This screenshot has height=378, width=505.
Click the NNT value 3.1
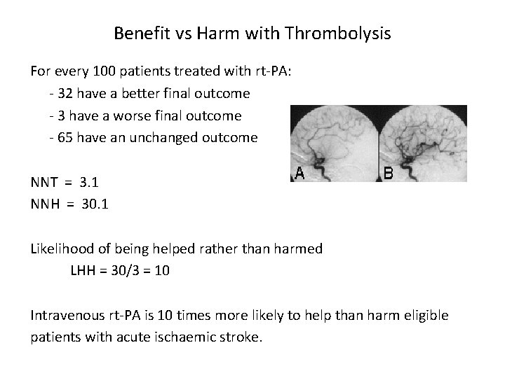pyautogui.click(x=89, y=183)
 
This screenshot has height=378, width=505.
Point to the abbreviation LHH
pyautogui.click(x=85, y=271)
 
